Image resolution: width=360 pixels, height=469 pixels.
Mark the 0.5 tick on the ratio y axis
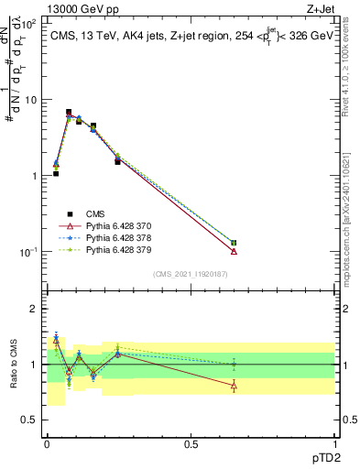30,420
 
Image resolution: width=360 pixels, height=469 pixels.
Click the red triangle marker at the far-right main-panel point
234,251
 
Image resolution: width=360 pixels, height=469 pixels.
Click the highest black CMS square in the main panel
69,112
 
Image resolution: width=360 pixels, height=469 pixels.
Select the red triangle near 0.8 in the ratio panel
234,386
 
